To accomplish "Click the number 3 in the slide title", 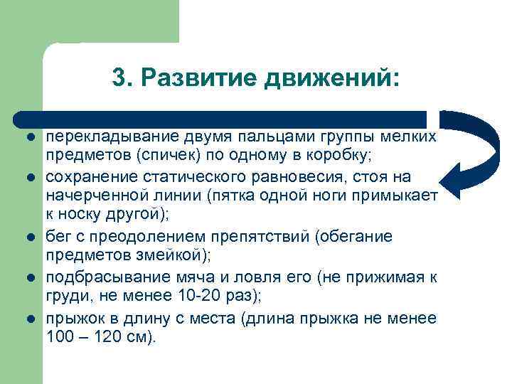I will pos(119,78).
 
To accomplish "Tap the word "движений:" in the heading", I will pos(333,78).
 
